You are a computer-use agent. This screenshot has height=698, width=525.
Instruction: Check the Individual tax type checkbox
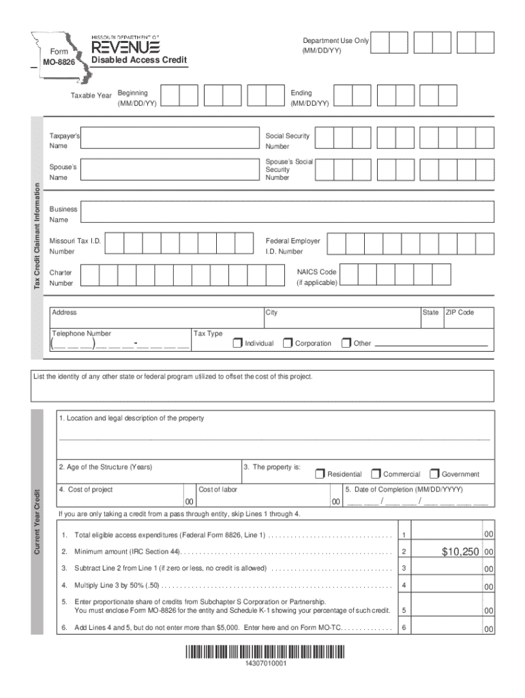click(x=237, y=342)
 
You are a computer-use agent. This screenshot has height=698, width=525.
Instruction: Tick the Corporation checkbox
click(x=288, y=342)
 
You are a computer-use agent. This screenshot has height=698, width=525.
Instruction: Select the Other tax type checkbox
click(x=346, y=342)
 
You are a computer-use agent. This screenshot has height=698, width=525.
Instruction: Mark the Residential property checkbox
click(x=320, y=473)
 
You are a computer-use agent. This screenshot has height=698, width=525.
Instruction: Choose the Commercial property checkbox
click(x=376, y=473)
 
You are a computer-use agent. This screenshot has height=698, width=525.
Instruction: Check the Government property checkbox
click(x=434, y=473)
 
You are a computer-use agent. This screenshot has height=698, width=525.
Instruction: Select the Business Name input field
click(x=286, y=214)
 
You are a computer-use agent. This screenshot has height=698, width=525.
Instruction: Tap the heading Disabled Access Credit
click(x=138, y=61)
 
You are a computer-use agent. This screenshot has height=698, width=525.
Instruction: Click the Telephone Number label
click(x=82, y=333)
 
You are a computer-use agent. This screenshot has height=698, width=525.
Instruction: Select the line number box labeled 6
click(x=404, y=627)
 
